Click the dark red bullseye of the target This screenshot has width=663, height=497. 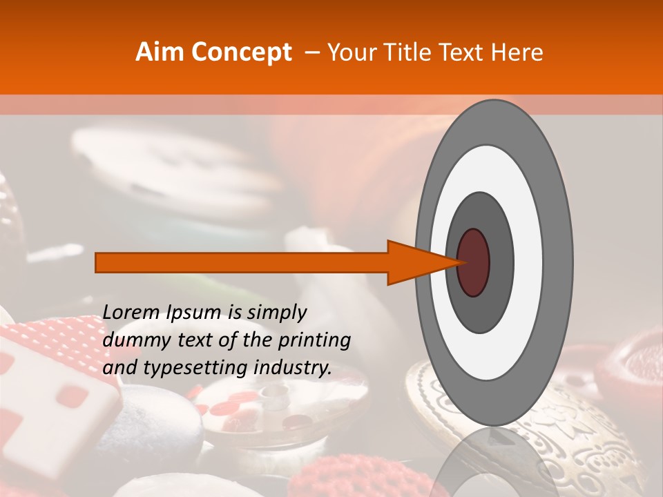click(474, 262)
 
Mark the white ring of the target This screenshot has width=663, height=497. click(532, 262)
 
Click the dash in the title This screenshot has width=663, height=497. click(311, 52)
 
